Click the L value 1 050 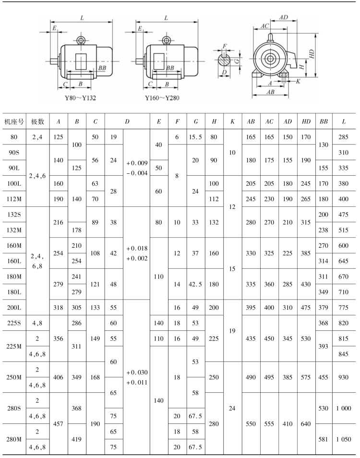coord(344,439)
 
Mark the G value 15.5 coord(195,137)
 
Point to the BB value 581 coord(324,439)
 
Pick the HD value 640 coord(306,423)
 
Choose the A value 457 coord(59,423)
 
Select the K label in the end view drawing coord(298,81)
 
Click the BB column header coord(324,122)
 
